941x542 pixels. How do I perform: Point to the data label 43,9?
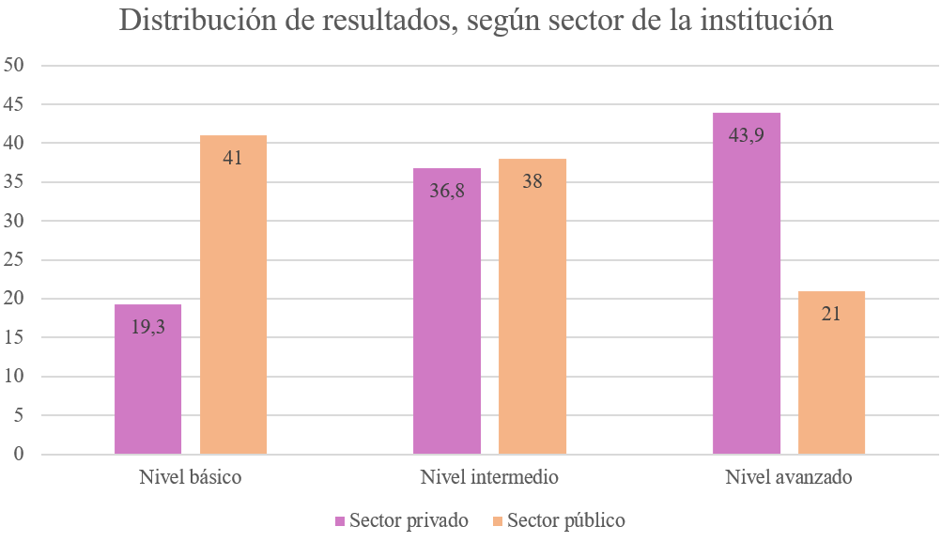(747, 135)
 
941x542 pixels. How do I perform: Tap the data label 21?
(831, 314)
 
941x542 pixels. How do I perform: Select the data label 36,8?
(447, 191)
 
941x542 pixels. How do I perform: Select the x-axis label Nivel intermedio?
(489, 477)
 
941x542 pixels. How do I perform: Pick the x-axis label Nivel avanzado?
(789, 477)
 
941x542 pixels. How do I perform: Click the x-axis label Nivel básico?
(190, 477)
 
